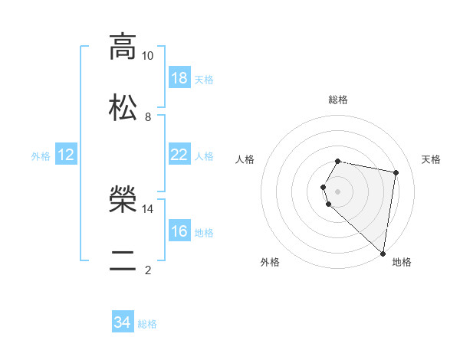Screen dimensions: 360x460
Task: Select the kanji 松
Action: pos(123,106)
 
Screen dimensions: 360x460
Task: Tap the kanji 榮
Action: pos(123,199)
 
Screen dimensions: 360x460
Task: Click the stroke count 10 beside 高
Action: pos(147,56)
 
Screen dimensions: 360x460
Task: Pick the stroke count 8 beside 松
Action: pos(147,116)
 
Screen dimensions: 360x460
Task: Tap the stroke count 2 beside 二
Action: pos(147,270)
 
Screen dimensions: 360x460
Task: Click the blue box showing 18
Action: pos(179,78)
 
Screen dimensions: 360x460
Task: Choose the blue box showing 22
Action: pos(179,155)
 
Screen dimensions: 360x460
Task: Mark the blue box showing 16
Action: pos(179,231)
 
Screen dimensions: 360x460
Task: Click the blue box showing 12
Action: pos(66,155)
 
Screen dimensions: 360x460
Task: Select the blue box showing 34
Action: pos(123,322)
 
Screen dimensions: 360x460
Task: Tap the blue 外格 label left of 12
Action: pos(41,155)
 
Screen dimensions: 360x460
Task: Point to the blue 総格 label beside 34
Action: pos(147,324)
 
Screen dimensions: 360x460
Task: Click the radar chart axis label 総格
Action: pos(338,100)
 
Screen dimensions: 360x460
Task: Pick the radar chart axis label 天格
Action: pos(431,159)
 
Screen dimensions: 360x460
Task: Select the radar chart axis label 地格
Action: pos(402,262)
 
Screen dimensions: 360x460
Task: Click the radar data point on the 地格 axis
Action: pos(383,253)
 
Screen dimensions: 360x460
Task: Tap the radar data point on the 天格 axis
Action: pos(396,173)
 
